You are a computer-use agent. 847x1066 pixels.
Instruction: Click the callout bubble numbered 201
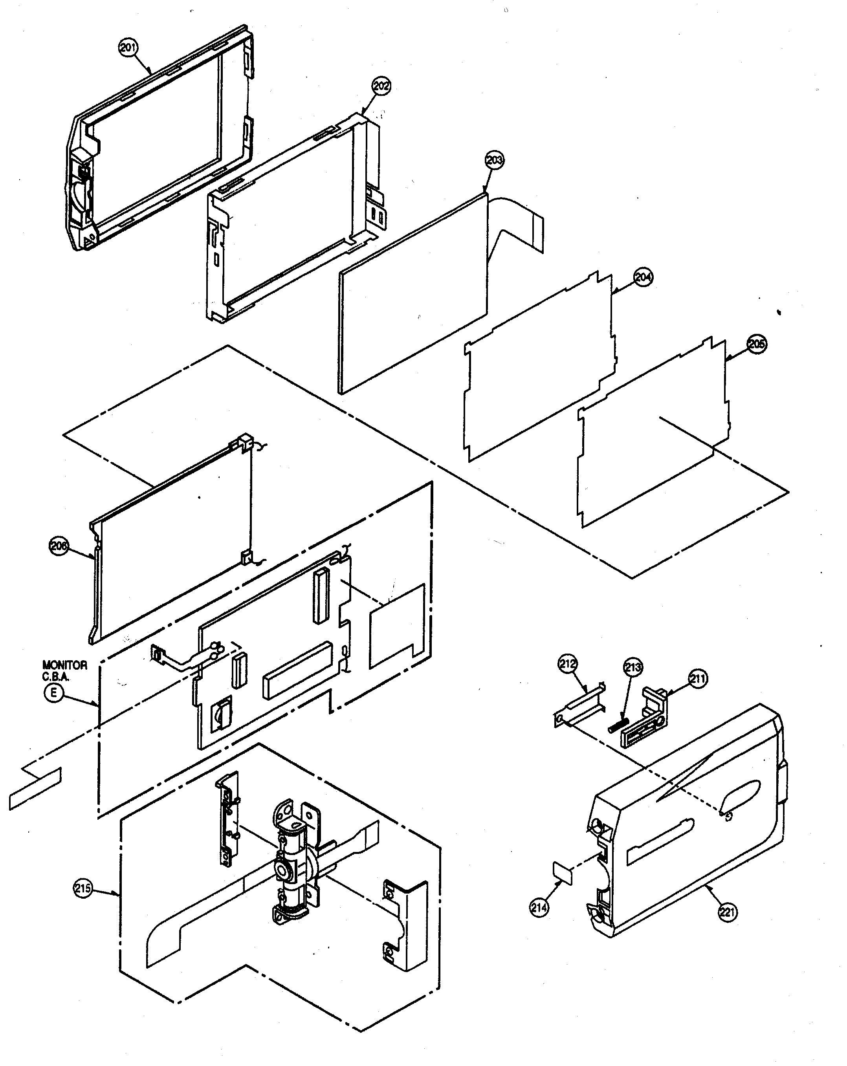128,48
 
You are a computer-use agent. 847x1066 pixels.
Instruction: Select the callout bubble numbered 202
381,86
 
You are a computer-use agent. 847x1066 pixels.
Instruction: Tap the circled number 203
495,160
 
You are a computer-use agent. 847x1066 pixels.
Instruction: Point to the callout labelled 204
643,277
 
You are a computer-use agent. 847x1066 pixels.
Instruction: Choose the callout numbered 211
698,679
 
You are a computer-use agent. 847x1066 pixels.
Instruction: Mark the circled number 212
568,663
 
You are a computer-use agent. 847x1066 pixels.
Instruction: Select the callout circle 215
82,888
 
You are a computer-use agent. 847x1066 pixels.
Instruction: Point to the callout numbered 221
727,912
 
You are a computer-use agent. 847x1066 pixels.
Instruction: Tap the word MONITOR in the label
64,665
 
